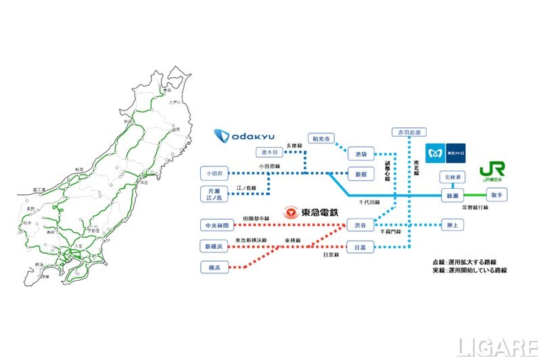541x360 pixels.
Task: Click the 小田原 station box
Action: [x=216, y=173]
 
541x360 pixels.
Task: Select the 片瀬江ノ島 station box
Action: [x=216, y=194]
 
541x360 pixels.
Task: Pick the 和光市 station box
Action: [x=321, y=139]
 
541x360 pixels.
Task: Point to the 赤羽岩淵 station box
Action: [x=407, y=133]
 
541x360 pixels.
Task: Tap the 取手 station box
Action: [x=496, y=195]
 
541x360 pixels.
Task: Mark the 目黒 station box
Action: [x=360, y=248]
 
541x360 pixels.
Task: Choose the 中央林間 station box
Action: [x=217, y=225]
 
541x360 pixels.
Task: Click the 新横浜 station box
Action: [x=217, y=246]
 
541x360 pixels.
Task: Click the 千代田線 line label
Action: [x=369, y=202]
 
